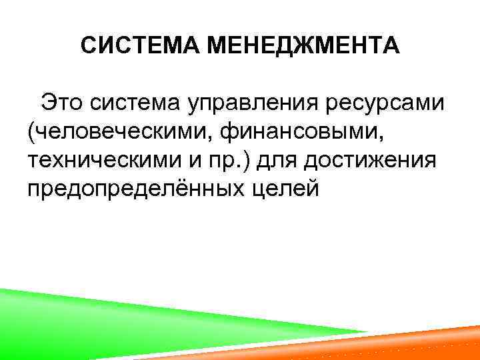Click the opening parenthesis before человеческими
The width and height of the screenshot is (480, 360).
tap(31, 133)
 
